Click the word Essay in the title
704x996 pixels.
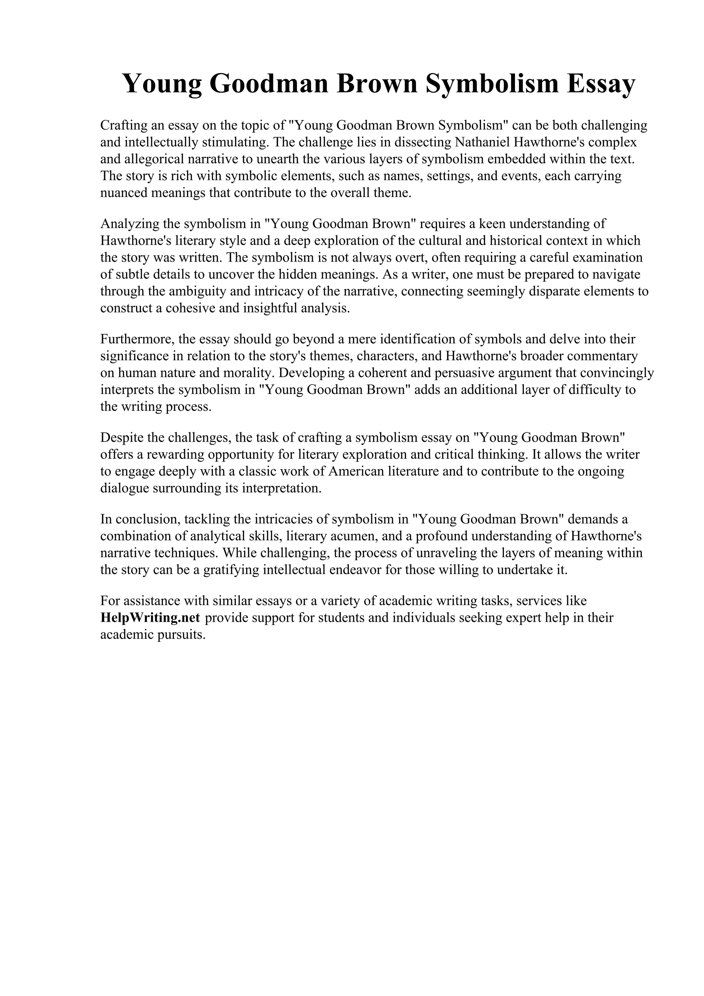tap(601, 83)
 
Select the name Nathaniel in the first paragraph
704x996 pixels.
tap(482, 142)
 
